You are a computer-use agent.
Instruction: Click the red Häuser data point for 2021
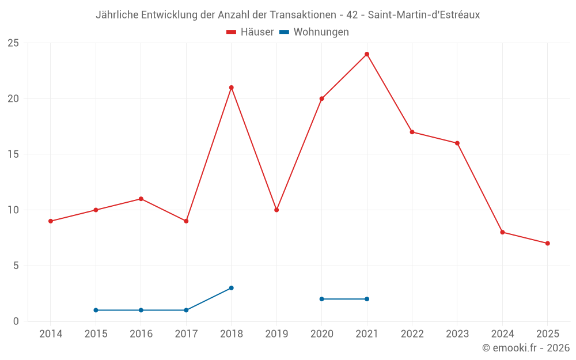pos(367,54)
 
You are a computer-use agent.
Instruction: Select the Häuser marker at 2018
pos(231,88)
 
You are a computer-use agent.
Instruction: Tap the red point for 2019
pos(276,210)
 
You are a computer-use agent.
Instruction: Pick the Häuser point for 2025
pos(547,243)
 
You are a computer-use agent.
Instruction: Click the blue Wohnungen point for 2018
pos(231,288)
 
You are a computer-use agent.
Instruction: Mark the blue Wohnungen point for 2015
pos(96,310)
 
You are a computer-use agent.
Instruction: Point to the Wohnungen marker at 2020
pos(321,299)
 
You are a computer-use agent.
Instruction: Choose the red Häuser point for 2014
pos(51,221)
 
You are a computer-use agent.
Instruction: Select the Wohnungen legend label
pos(321,32)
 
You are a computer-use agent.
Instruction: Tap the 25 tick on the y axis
pos(13,43)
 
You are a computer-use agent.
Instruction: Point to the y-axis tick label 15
pos(13,154)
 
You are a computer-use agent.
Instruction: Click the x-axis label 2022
pos(412,334)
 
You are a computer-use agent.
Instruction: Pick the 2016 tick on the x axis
pos(141,334)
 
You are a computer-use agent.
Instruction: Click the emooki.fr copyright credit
pos(525,348)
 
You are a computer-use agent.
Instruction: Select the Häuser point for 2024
pos(502,232)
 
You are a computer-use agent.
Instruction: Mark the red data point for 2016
pos(141,199)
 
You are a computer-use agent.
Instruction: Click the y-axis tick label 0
pos(16,321)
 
